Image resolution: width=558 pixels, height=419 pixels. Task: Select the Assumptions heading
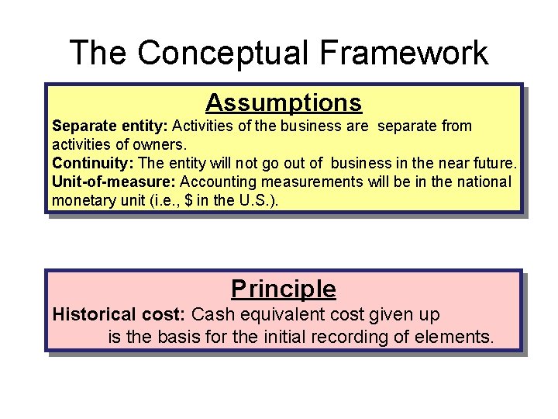pos(284,102)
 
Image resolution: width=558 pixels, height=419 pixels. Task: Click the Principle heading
pos(284,289)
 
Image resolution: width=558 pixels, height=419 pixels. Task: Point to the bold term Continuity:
pos(92,163)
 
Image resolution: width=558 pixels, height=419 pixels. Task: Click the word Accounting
pos(215,182)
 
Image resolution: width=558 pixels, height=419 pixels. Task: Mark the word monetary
pos(81,200)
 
